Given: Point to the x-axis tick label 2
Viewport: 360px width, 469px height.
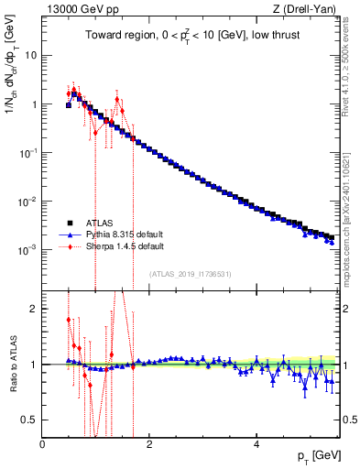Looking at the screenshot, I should click(149, 444).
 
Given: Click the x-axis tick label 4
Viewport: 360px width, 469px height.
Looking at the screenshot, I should click(256, 444).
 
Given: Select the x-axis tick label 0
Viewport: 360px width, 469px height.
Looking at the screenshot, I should click(42, 444).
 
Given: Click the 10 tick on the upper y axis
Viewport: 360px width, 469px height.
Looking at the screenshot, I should click(30, 55).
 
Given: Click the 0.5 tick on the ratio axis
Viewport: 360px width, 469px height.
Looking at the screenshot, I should click(29, 420).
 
